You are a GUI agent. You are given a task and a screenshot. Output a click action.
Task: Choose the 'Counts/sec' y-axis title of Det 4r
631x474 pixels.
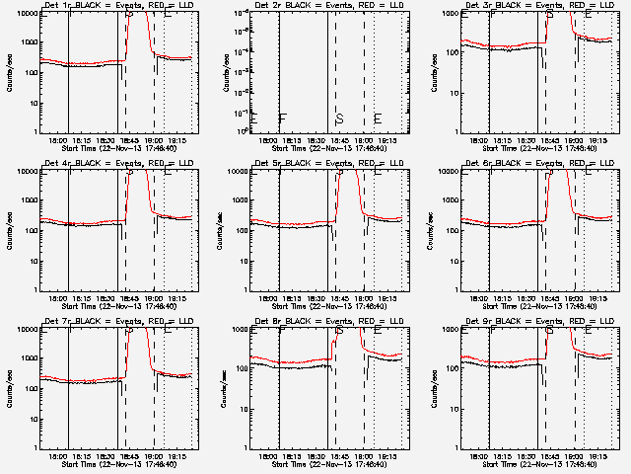pyautogui.click(x=10, y=230)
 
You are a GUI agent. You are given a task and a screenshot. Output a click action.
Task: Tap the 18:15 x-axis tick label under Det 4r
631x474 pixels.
pyautogui.click(x=82, y=299)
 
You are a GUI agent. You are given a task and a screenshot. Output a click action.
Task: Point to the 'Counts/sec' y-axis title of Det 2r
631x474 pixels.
pyautogui.click(x=223, y=72)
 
